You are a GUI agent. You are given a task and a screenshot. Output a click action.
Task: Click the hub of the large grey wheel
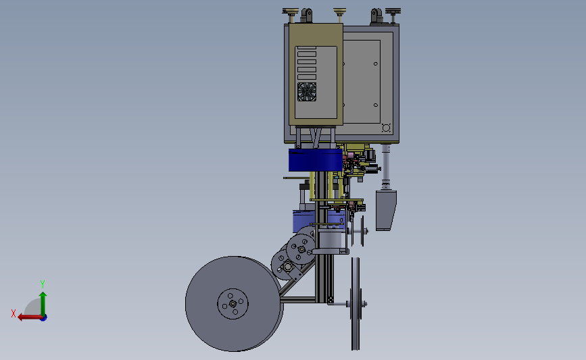(x=233, y=304)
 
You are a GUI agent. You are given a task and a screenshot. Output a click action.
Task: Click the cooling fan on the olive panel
(x=307, y=91)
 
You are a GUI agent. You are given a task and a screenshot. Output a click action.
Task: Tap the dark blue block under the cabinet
(x=316, y=160)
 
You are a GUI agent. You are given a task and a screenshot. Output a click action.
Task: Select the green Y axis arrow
(x=43, y=304)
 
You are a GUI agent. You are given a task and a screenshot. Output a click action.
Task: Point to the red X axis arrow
(x=30, y=317)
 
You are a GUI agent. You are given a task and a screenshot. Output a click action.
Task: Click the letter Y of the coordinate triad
(x=42, y=284)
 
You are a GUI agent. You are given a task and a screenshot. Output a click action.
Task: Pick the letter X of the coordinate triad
(x=14, y=313)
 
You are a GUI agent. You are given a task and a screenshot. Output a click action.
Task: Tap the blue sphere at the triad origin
(x=44, y=318)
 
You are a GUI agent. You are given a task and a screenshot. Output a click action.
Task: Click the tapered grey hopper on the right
(x=386, y=210)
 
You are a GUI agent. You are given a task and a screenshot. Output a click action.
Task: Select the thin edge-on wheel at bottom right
(x=356, y=303)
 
